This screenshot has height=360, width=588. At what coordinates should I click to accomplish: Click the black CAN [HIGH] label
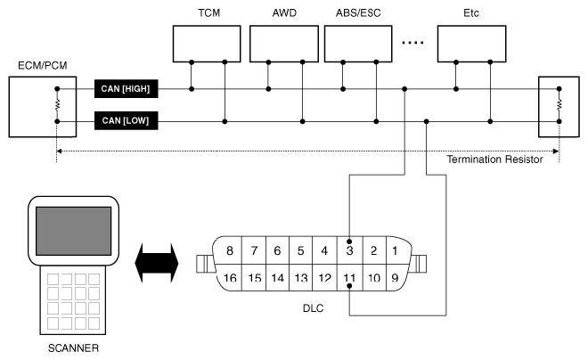tap(128, 88)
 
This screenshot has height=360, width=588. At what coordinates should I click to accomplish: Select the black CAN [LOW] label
tap(128, 120)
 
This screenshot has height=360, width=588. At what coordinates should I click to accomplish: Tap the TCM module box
tap(207, 42)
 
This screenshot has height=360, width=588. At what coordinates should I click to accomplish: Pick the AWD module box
tap(284, 42)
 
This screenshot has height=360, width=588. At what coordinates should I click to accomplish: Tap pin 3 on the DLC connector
tap(349, 250)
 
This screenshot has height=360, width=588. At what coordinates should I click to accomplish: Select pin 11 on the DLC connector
tap(349, 279)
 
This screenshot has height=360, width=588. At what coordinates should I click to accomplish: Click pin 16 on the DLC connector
tap(231, 279)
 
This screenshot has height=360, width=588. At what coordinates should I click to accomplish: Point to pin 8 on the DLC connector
tap(231, 250)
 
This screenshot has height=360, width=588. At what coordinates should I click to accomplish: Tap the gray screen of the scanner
tap(73, 231)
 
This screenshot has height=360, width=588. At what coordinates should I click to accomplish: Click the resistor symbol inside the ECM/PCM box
tap(56, 104)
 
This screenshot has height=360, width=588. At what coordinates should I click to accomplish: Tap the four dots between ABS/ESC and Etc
tap(417, 42)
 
